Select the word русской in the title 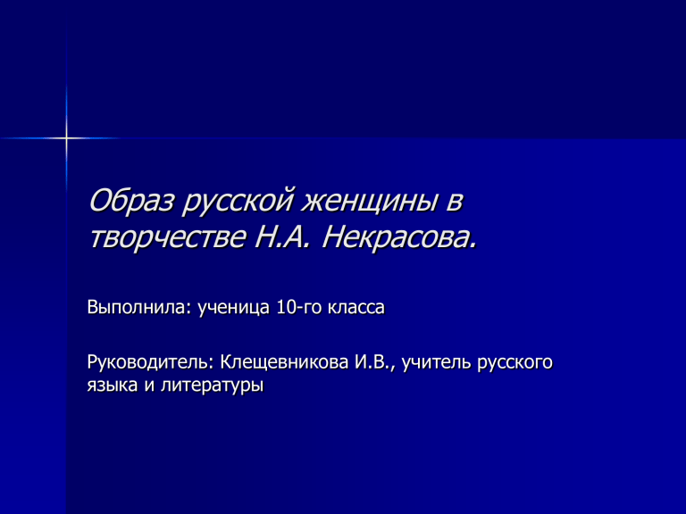[238, 203]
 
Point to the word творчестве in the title [168, 237]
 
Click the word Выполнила [139, 307]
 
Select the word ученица [234, 308]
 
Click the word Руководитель [151, 362]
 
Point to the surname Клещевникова [284, 362]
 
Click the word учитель [437, 362]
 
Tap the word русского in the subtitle [514, 364]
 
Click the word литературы [213, 386]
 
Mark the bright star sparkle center [66, 138]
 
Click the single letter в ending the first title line [454, 203]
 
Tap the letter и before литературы [150, 385]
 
